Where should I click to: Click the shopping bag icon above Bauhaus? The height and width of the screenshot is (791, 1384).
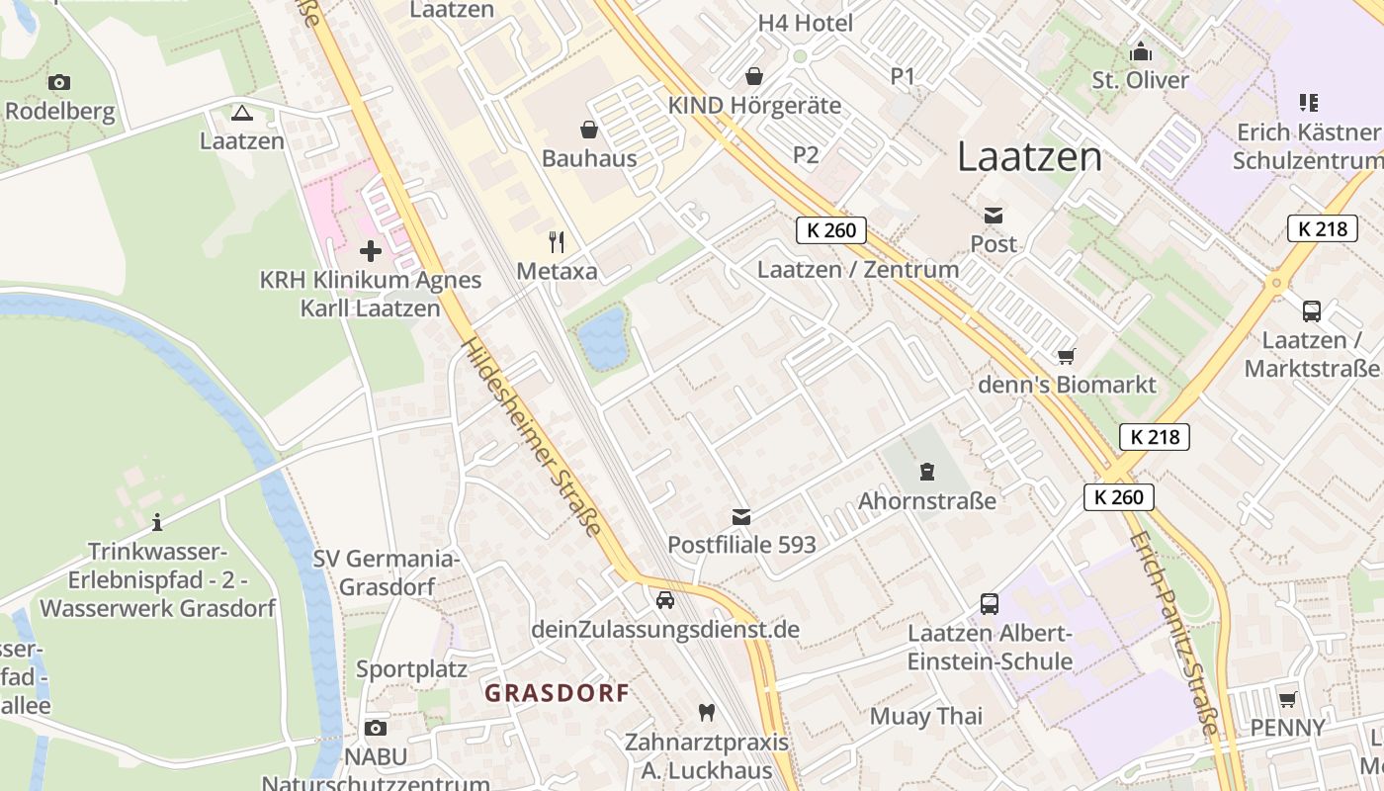point(589,130)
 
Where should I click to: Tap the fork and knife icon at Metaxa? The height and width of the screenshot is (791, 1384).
point(557,241)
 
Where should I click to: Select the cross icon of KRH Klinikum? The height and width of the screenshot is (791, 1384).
point(371,251)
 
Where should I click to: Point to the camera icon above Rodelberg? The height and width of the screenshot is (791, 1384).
point(59,82)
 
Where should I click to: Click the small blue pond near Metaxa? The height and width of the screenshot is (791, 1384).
point(602,338)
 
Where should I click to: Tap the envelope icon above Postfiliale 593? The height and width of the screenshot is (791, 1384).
point(741,516)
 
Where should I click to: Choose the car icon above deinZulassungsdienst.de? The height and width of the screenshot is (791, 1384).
point(665,600)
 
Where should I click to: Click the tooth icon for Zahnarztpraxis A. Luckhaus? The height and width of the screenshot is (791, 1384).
point(706,712)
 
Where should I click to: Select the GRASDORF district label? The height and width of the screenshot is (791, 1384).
point(557,693)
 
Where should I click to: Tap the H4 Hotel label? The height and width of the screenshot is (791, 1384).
point(805,23)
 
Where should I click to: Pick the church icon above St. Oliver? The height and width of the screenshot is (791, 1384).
point(1141,51)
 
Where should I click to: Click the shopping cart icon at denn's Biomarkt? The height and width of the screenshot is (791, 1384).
point(1066,356)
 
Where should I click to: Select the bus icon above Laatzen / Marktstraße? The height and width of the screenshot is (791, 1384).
point(1311,311)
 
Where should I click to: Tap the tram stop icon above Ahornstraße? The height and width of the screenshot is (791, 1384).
point(926,472)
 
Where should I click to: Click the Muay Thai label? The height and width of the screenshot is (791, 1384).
point(926,716)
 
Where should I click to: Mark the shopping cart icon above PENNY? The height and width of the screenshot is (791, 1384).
point(1287,700)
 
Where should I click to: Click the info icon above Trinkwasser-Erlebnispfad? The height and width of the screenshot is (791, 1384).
point(157,522)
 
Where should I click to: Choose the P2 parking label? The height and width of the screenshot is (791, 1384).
point(806,154)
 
